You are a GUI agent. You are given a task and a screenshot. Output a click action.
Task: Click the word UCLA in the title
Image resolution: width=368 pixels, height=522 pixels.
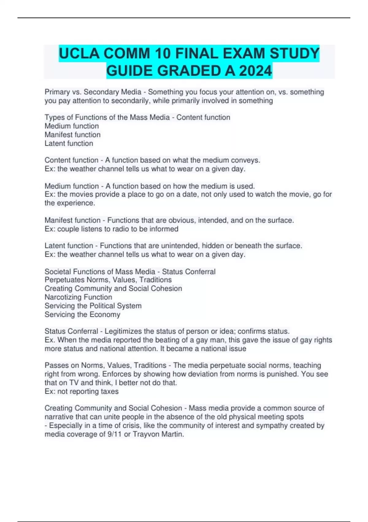tap(79, 53)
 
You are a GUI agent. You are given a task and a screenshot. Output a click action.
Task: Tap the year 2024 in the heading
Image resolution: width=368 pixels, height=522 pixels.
tap(255, 71)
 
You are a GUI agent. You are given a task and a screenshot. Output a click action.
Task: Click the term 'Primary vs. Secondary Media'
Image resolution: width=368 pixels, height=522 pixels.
tap(93, 92)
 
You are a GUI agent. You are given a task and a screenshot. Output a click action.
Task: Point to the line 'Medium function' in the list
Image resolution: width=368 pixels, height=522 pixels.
tap(72, 126)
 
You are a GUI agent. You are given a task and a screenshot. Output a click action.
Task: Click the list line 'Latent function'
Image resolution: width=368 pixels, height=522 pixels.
tap(69, 143)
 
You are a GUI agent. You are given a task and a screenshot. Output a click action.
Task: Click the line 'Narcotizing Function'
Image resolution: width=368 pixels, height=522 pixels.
tap(78, 297)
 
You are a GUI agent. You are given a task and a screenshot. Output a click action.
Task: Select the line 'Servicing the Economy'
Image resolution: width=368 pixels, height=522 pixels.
tap(82, 314)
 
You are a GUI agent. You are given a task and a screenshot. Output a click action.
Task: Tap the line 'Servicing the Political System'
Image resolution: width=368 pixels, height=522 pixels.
tap(93, 306)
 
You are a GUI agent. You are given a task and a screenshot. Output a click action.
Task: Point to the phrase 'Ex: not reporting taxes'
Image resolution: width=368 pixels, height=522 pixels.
tap(82, 391)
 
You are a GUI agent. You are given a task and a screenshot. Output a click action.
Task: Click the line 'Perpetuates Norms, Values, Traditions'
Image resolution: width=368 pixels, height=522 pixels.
tap(108, 280)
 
